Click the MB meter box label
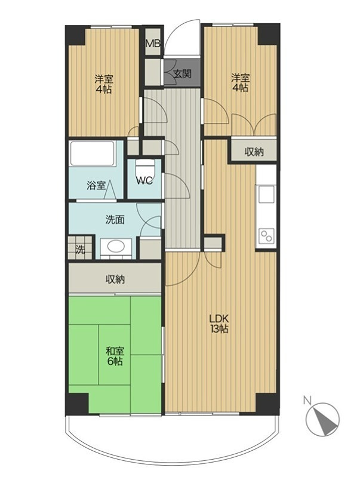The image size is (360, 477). (153, 44)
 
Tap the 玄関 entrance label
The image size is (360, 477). (182, 73)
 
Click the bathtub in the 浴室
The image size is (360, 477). (93, 153)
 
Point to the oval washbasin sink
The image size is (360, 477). (116, 246)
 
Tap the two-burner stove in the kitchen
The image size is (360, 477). (266, 235)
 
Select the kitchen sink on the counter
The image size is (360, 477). (266, 194)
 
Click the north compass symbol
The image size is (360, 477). (322, 419)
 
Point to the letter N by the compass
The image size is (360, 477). (307, 401)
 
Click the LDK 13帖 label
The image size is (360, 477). (219, 324)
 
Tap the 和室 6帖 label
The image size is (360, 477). (115, 356)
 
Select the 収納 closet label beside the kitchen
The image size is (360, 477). (254, 152)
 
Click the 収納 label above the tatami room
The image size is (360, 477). (115, 279)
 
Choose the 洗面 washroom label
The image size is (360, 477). (115, 220)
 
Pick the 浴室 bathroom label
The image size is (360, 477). (96, 186)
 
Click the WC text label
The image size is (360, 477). (144, 181)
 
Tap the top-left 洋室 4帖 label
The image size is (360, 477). (104, 84)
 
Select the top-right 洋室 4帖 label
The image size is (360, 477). (241, 83)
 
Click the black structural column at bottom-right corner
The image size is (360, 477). (267, 404)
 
